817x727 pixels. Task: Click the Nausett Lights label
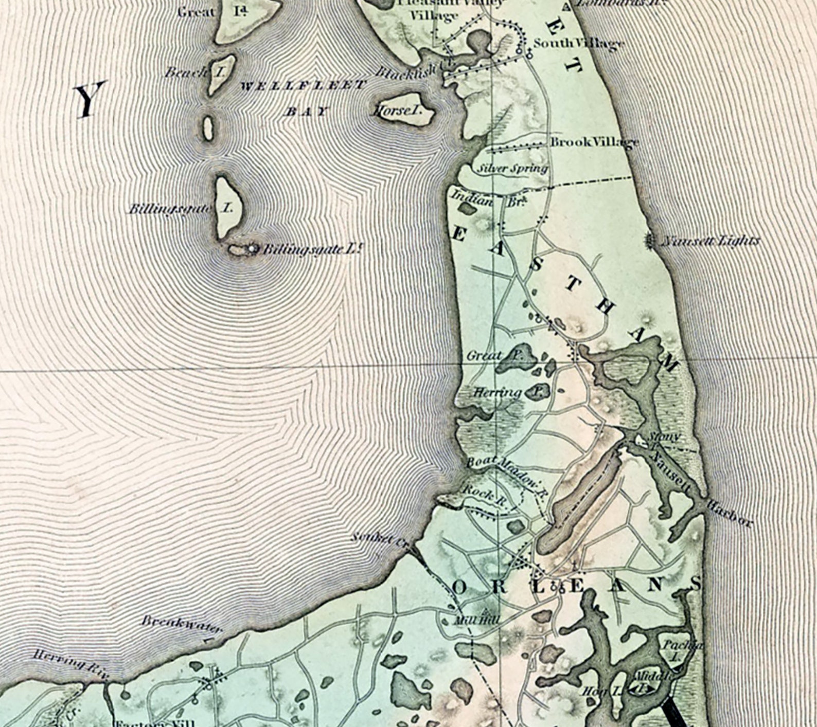click(x=710, y=241)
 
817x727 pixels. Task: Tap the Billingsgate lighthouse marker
click(x=252, y=249)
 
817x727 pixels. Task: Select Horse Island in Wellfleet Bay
click(x=403, y=110)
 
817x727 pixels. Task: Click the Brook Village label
click(x=594, y=142)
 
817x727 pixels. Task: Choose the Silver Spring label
click(x=513, y=168)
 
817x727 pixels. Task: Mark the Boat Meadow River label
click(x=506, y=474)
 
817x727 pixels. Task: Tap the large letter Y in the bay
click(x=91, y=99)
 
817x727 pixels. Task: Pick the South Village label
click(x=579, y=43)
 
